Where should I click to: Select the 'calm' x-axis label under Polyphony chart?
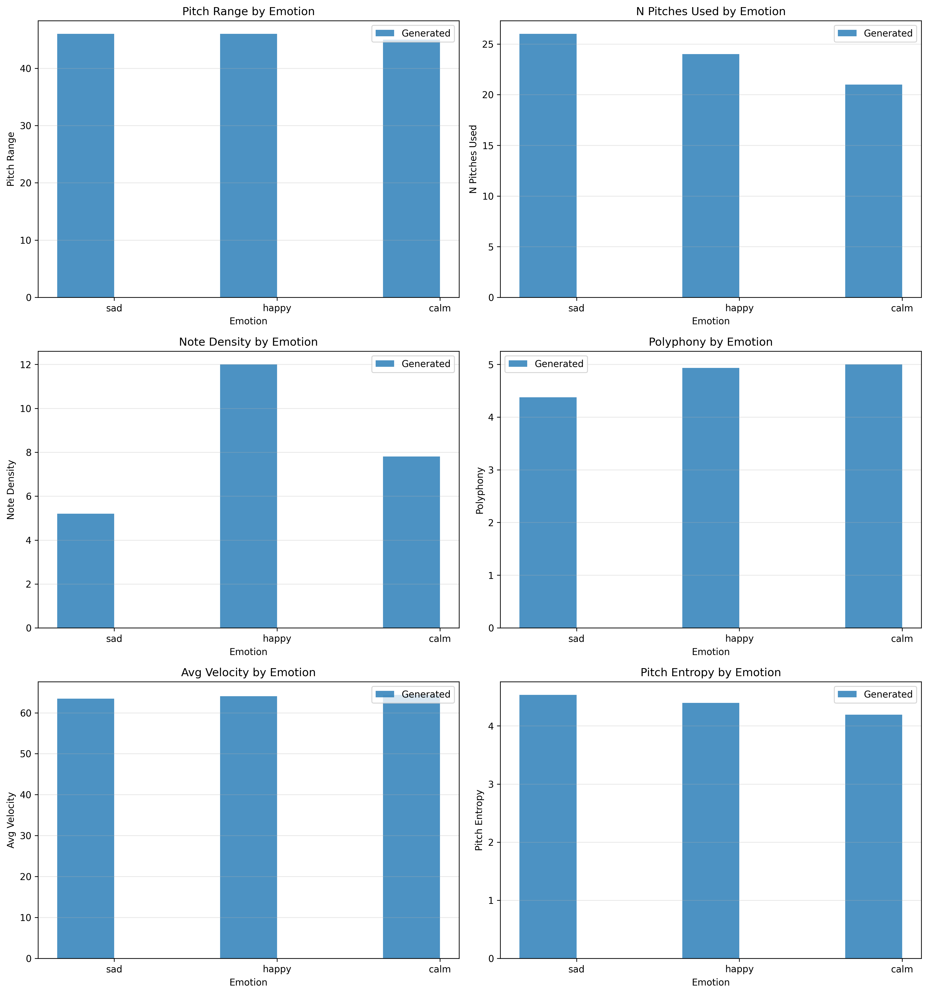pos(902,639)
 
